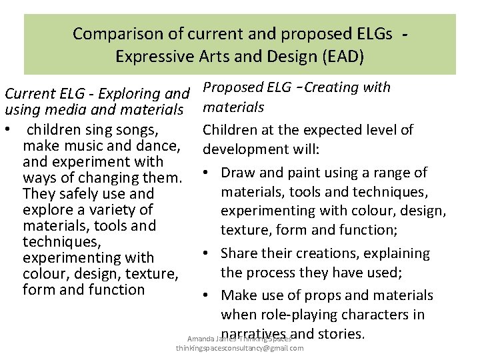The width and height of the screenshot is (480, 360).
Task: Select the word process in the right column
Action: click(270, 273)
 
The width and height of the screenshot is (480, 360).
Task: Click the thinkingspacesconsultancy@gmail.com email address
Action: click(239, 348)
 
